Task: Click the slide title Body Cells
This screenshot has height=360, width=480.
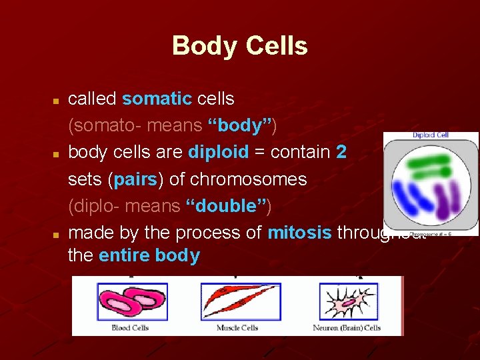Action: coord(239,46)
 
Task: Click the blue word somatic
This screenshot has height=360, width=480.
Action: coord(157,99)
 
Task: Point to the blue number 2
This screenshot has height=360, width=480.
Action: coord(341,152)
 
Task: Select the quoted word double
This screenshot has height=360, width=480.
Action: coord(226,206)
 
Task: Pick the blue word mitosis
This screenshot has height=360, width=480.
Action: coord(299,233)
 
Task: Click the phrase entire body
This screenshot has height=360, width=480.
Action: coord(149,255)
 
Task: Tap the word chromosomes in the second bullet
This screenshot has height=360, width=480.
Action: coord(248,179)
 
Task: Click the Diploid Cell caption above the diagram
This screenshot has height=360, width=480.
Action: coord(431,135)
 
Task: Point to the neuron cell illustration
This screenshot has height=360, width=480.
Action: coord(347,302)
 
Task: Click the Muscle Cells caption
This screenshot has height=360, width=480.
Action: coord(237,328)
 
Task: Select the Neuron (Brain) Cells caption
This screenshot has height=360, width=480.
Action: coord(347,328)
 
